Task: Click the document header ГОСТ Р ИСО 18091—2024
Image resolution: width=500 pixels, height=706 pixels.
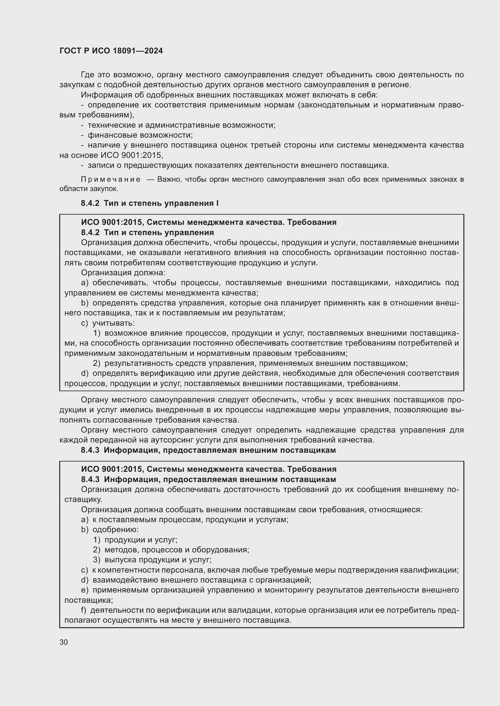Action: pyautogui.click(x=111, y=51)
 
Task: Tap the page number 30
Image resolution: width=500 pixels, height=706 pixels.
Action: pyautogui.click(x=64, y=642)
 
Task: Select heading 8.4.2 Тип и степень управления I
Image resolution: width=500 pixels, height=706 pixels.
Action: pyautogui.click(x=150, y=203)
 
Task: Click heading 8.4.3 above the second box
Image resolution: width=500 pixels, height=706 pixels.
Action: pyautogui.click(x=208, y=450)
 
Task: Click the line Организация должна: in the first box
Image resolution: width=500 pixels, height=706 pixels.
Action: pyautogui.click(x=123, y=273)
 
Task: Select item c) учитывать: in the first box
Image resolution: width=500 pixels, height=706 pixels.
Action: pyautogui.click(x=108, y=323)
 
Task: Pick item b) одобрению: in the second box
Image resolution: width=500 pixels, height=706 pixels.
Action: pyautogui.click(x=110, y=530)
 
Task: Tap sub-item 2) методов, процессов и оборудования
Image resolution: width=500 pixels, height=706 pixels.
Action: pyautogui.click(x=171, y=550)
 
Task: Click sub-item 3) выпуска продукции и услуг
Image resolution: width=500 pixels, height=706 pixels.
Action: pyautogui.click(x=152, y=560)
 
